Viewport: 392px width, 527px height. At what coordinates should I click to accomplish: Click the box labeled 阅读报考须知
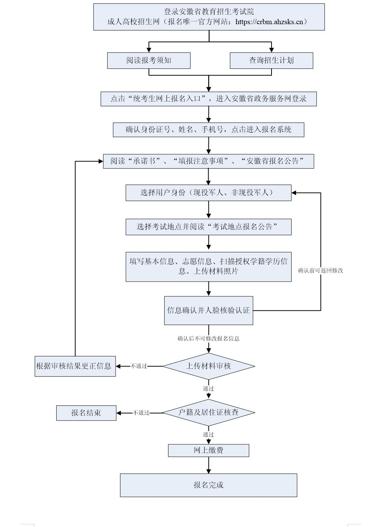(x=148, y=60)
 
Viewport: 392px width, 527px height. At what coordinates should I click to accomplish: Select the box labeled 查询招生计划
(x=271, y=60)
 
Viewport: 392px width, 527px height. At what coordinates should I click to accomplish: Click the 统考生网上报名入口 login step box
(x=208, y=99)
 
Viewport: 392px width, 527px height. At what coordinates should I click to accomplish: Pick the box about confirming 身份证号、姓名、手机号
(x=208, y=130)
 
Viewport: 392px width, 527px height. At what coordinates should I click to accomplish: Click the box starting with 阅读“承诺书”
(x=208, y=161)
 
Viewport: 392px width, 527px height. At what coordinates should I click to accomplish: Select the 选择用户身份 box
(x=208, y=193)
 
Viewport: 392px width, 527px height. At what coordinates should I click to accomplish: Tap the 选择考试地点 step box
(x=208, y=227)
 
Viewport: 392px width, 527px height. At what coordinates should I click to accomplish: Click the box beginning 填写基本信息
(x=208, y=267)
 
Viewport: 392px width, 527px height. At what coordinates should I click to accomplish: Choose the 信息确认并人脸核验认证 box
(x=208, y=311)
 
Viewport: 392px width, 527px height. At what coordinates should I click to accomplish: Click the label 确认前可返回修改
(x=321, y=271)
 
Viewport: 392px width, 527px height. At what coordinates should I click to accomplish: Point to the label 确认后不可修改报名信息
(x=208, y=339)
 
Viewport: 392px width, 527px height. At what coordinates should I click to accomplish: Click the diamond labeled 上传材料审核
(x=208, y=366)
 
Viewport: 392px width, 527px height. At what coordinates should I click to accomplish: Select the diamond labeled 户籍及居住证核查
(x=208, y=413)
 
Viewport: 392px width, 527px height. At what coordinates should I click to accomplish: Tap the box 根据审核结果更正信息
(x=75, y=366)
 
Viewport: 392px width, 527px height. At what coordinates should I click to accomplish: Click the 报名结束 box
(x=86, y=413)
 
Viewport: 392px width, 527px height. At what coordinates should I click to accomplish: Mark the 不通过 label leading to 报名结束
(x=141, y=413)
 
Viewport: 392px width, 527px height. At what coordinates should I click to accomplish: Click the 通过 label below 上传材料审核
(x=208, y=388)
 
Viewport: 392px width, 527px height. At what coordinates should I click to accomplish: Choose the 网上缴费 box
(x=208, y=450)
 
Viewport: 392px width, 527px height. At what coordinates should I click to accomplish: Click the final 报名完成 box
(x=208, y=485)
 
